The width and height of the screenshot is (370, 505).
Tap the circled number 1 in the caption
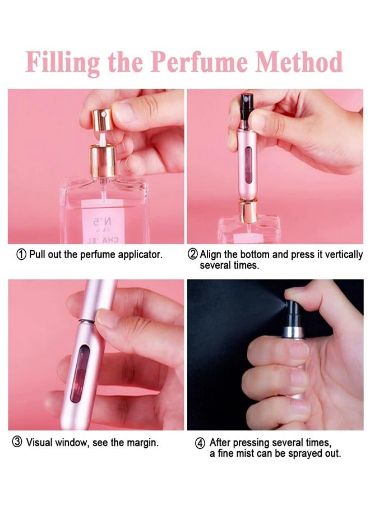(21, 254)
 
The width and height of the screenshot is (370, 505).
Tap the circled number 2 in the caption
(192, 254)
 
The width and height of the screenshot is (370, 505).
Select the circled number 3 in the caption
(17, 443)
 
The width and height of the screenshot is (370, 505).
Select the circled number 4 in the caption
(200, 443)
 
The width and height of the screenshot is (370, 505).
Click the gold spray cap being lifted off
(102, 120)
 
